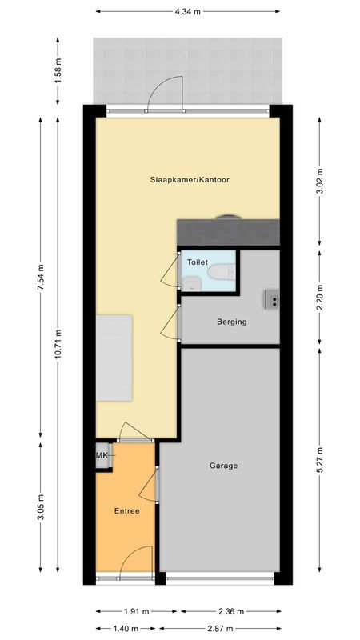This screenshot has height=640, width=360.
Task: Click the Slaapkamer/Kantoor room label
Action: tap(190, 180)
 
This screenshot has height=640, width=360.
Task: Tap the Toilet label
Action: tap(196, 262)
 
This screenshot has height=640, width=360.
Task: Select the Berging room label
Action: tap(231, 322)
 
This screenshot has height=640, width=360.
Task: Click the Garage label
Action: tap(224, 466)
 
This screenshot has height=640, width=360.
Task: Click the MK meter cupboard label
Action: tap(102, 456)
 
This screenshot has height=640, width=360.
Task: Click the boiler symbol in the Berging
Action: tap(272, 300)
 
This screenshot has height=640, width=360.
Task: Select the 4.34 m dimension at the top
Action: tap(189, 12)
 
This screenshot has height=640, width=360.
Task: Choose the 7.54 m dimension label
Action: tap(41, 277)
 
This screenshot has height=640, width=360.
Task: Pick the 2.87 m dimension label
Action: tap(221, 629)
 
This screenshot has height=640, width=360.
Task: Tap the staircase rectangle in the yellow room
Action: tap(114, 359)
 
